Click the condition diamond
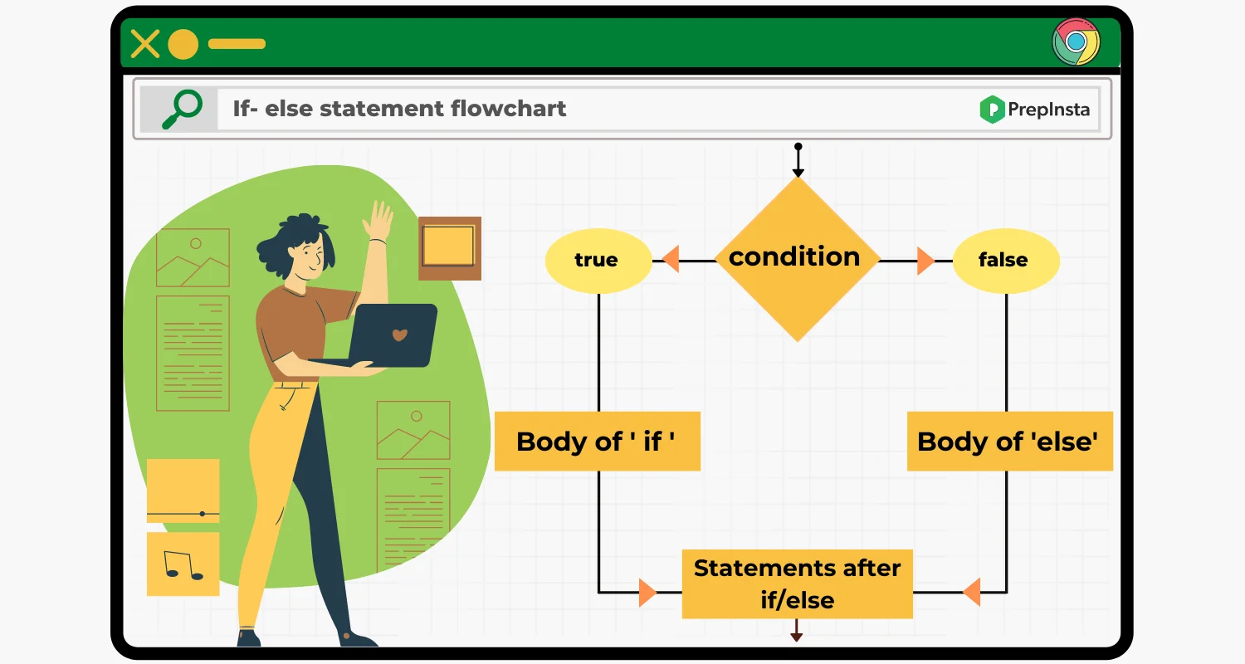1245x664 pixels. (798, 260)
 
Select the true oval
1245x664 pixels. (598, 261)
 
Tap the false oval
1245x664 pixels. (1006, 261)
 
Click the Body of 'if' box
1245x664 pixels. (598, 442)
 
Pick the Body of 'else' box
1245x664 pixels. (1010, 442)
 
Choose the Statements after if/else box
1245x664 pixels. (797, 584)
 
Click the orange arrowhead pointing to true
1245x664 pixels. (671, 260)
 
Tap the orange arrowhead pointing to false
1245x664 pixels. (925, 261)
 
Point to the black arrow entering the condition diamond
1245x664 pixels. (798, 160)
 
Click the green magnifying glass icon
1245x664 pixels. (182, 109)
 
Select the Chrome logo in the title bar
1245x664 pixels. (1076, 41)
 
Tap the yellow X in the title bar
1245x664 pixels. (145, 44)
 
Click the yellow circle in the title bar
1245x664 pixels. (183, 44)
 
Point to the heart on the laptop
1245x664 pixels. (399, 334)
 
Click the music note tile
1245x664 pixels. (183, 564)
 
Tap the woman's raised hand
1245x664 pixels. (378, 220)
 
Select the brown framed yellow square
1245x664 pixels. (450, 248)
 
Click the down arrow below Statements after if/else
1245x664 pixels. (797, 630)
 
